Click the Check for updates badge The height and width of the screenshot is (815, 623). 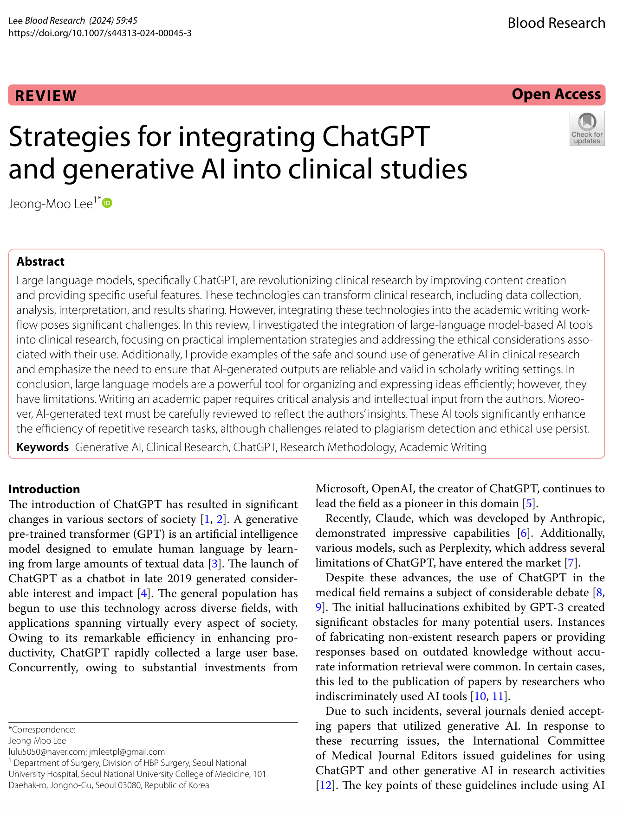point(587,128)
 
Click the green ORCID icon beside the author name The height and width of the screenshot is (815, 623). point(107,203)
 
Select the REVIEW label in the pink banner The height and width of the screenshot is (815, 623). point(45,96)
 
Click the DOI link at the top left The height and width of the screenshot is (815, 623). point(100,33)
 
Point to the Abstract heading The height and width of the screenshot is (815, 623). point(40,261)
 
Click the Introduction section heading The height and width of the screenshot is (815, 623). point(44,489)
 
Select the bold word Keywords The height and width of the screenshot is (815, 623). point(42,447)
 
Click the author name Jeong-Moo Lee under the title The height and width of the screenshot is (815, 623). point(51,204)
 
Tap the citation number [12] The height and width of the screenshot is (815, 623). point(325,785)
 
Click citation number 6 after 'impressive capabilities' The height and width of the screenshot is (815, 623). point(524,533)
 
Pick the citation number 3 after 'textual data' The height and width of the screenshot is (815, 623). point(214,564)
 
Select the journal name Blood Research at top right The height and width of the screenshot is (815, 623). point(556,23)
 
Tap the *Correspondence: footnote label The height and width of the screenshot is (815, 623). point(42,730)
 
